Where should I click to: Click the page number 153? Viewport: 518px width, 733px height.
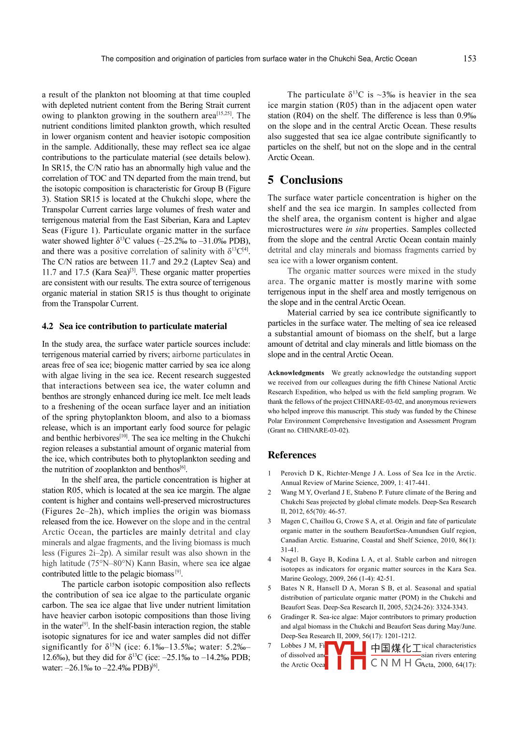[x=469, y=59]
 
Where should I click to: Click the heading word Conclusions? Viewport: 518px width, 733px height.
[x=311, y=180]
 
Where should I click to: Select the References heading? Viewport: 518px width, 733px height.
[x=292, y=455]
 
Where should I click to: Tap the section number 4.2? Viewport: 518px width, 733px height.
[x=47, y=326]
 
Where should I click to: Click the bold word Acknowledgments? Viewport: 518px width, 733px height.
[x=296, y=373]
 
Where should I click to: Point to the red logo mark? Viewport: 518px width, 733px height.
[x=345, y=655]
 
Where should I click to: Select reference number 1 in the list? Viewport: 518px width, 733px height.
[x=270, y=473]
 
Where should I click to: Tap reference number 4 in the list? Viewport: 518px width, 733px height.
[x=270, y=559]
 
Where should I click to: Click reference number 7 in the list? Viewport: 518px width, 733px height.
[x=270, y=645]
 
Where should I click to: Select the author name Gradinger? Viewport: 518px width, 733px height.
[x=295, y=617]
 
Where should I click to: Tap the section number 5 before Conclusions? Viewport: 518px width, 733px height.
[x=271, y=180]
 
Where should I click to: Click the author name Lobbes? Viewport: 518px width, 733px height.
[x=291, y=645]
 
